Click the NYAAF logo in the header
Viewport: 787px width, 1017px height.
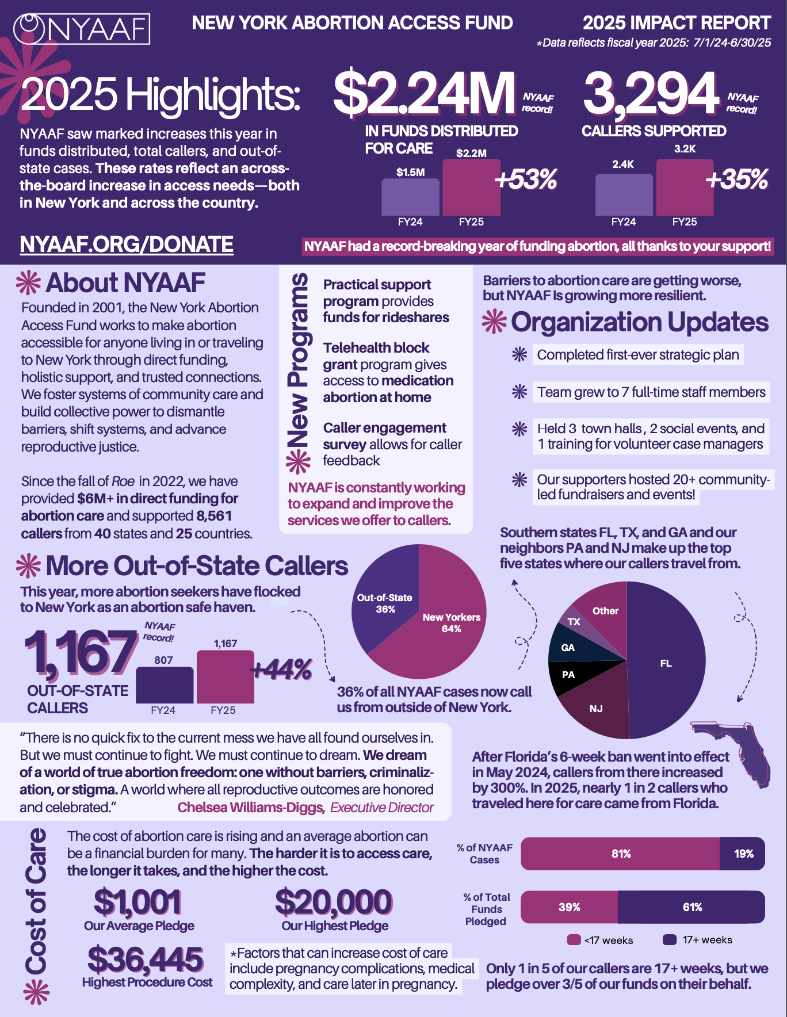click(x=82, y=29)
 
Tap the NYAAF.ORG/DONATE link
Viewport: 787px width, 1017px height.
click(x=127, y=244)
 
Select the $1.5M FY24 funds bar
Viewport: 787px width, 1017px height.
click(x=410, y=197)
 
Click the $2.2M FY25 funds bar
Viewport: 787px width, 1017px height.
click(x=471, y=188)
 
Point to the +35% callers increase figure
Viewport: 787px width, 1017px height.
click(x=736, y=179)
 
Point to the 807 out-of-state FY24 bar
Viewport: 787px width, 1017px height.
click(x=165, y=685)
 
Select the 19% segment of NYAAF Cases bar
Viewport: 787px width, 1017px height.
click(x=743, y=854)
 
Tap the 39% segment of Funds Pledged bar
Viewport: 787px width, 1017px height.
click(x=569, y=907)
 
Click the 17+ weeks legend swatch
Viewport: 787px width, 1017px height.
click(x=669, y=939)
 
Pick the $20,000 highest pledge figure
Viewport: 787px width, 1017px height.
click(x=334, y=902)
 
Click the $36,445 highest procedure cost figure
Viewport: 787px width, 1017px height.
click(x=146, y=959)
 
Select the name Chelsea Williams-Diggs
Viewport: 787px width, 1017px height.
click(x=251, y=808)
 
